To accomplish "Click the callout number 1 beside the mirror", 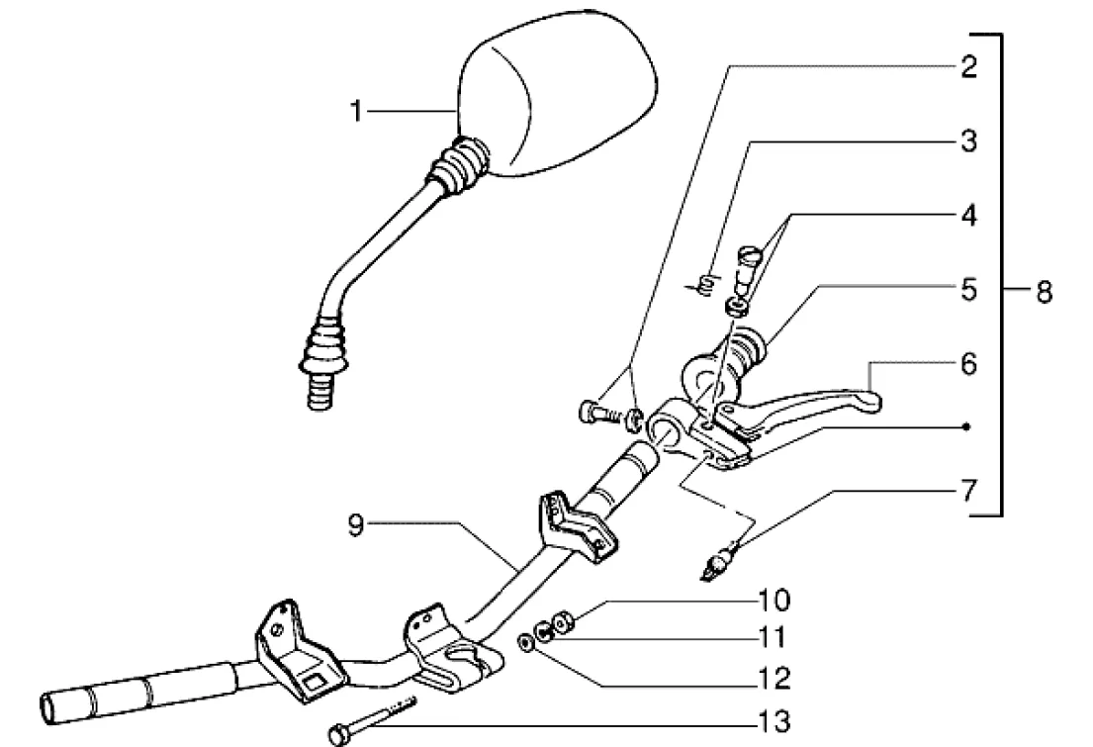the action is coord(357,111).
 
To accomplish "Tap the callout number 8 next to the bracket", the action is coord(1043,292).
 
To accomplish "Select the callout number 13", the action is coord(776,722).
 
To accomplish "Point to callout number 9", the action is coord(355,525).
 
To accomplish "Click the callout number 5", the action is coord(969,290).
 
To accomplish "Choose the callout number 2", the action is coord(969,66).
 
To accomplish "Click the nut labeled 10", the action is coord(562,620).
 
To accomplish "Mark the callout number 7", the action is coord(969,491).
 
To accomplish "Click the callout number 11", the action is coord(774,637).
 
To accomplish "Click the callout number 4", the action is coord(969,216).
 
